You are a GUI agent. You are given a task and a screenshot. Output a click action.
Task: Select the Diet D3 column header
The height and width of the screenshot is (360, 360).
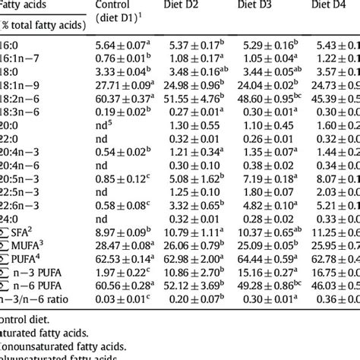(x=266, y=8)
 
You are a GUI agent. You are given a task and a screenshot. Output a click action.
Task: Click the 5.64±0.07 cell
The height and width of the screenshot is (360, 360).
(x=122, y=48)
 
